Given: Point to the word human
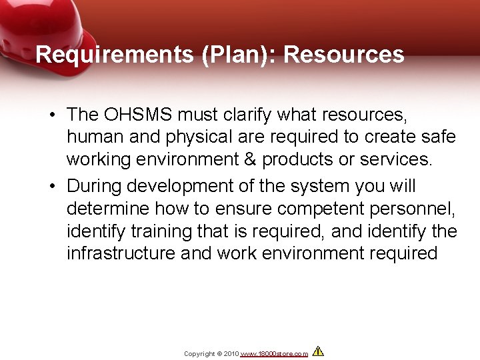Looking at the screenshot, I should pos(93,138).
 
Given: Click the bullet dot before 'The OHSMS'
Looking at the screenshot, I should pos(51,116).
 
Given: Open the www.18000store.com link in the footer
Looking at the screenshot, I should pos(274,354).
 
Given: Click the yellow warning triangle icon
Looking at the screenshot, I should pos(318,351).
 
